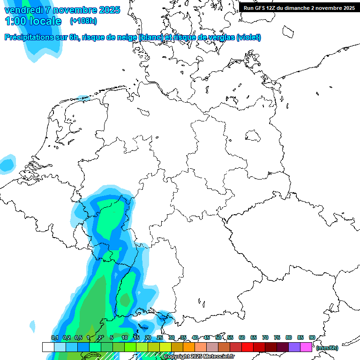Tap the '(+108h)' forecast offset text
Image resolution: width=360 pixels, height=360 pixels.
pyautogui.click(x=83, y=21)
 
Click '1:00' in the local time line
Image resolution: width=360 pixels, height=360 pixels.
pyautogui.click(x=15, y=22)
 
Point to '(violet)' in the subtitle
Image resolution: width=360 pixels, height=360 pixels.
pyautogui.click(x=249, y=37)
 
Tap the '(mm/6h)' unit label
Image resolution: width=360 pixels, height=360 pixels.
pyautogui.click(x=327, y=348)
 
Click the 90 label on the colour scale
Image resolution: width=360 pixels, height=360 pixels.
pyautogui.click(x=312, y=337)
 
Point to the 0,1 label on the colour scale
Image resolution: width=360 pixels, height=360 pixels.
pyautogui.click(x=54, y=337)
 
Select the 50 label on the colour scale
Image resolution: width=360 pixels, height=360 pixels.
pyautogui.click(x=218, y=337)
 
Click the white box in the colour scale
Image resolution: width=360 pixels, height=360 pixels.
pyautogui.click(x=48, y=347)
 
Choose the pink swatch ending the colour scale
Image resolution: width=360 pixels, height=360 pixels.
pyautogui.click(x=306, y=347)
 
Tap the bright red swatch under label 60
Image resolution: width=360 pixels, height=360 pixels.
pyautogui.click(x=247, y=347)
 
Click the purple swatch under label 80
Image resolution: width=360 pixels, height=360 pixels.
pyautogui.click(x=294, y=347)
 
